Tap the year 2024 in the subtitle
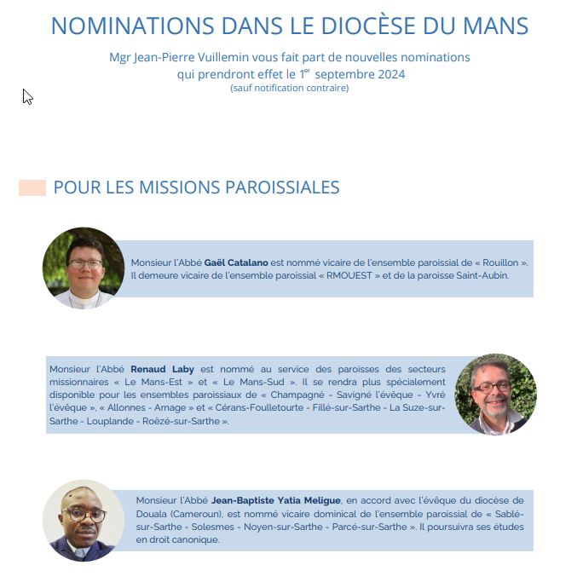point(390,74)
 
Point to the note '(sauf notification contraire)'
point(289,88)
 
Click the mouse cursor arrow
point(27,96)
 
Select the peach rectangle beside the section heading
point(32,188)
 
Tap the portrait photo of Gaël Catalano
point(84,268)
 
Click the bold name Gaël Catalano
point(236,262)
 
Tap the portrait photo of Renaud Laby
point(495,394)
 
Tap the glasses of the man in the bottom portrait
point(84,515)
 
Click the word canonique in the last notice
point(193,539)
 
